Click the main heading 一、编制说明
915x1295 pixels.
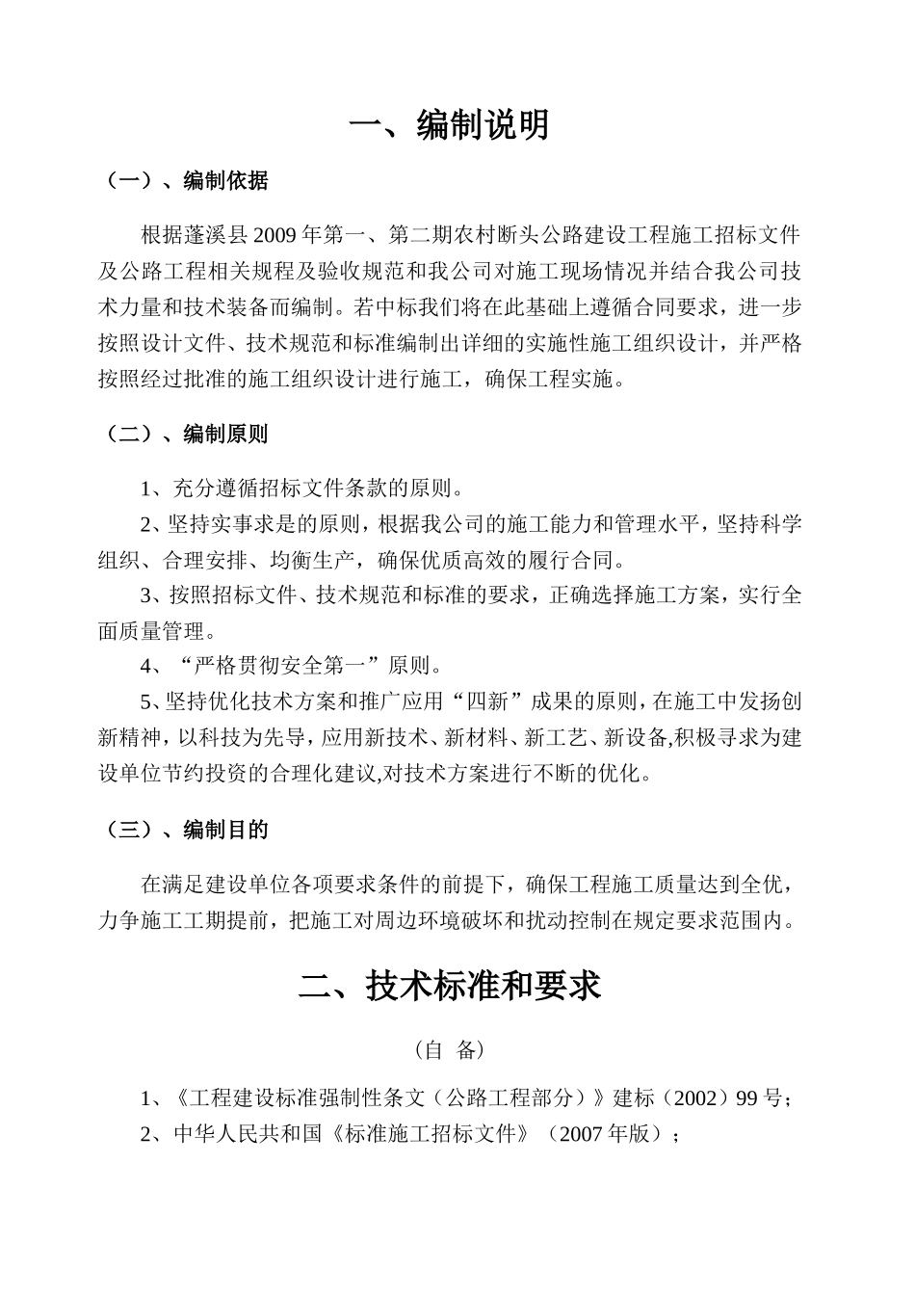tap(449, 125)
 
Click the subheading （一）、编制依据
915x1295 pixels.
tap(183, 180)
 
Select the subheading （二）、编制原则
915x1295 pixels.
tap(183, 434)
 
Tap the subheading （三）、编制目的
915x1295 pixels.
tap(183, 830)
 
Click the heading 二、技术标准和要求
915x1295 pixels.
tap(450, 986)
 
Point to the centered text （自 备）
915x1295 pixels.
tap(450, 1049)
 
